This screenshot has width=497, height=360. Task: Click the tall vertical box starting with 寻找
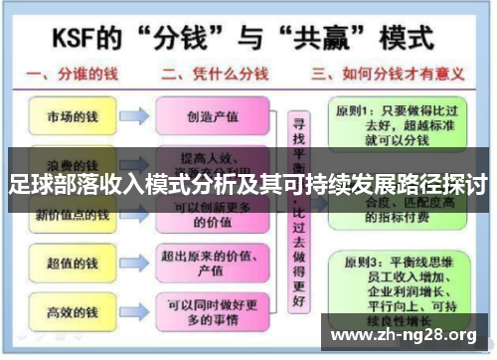pos(296,214)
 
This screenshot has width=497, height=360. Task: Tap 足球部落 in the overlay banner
pos(49,185)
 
